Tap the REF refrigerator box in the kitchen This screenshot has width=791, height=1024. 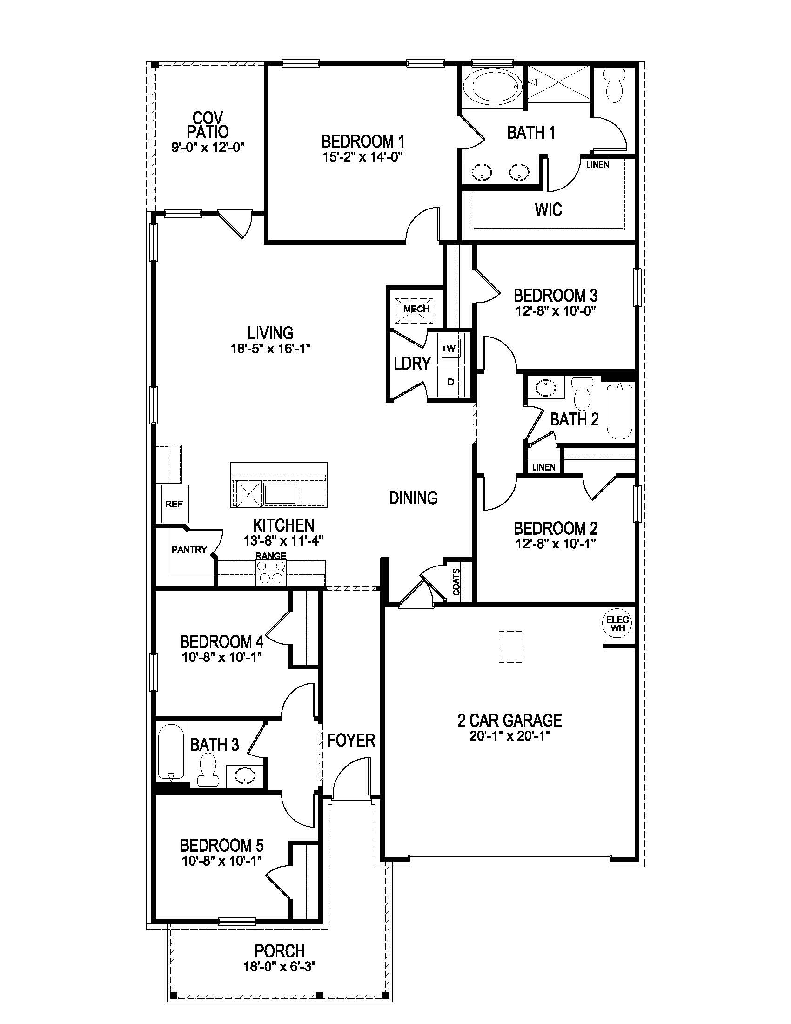pyautogui.click(x=174, y=504)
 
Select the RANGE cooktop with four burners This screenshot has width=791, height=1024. pyautogui.click(x=271, y=573)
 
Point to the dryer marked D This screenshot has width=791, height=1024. pyautogui.click(x=450, y=382)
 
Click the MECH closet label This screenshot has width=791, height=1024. pyautogui.click(x=416, y=309)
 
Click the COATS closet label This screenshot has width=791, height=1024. pyautogui.click(x=456, y=582)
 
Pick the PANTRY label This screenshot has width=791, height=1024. pyautogui.click(x=189, y=550)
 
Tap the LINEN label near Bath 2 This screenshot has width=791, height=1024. pyautogui.click(x=543, y=467)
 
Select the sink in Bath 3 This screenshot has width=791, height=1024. pyautogui.click(x=244, y=776)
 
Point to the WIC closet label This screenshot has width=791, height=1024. pyautogui.click(x=548, y=209)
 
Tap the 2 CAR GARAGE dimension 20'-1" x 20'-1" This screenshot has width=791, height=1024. pyautogui.click(x=509, y=735)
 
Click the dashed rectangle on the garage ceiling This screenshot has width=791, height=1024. pyautogui.click(x=510, y=647)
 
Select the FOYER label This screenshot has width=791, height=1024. pyautogui.click(x=351, y=741)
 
